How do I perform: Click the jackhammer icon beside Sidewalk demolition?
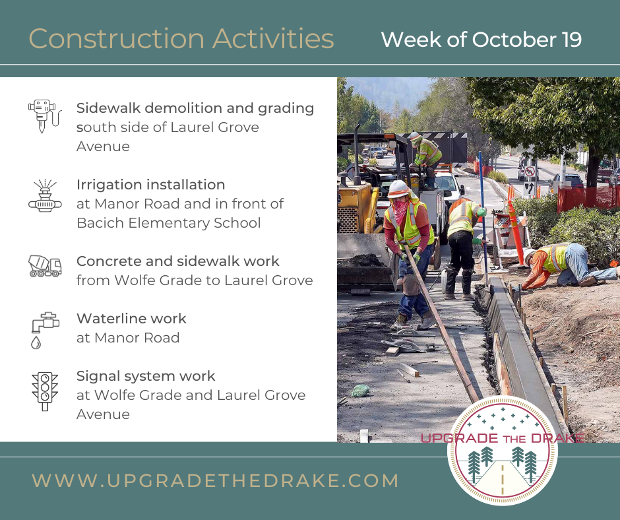45,115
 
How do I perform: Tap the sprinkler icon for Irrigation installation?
45,195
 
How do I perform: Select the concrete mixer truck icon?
45,265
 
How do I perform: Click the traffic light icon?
45,391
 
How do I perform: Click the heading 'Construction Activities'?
181,39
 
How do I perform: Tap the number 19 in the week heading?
571,40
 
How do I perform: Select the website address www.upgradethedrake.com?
215,480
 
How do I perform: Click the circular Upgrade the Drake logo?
503,450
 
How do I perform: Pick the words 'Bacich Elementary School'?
168,223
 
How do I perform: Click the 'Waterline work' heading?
131,319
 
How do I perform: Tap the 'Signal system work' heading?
146,376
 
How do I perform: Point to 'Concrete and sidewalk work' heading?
178,261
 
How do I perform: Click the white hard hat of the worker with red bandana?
398,189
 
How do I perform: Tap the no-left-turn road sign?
530,172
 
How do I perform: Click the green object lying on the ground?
360,391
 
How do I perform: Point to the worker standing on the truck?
425,158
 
